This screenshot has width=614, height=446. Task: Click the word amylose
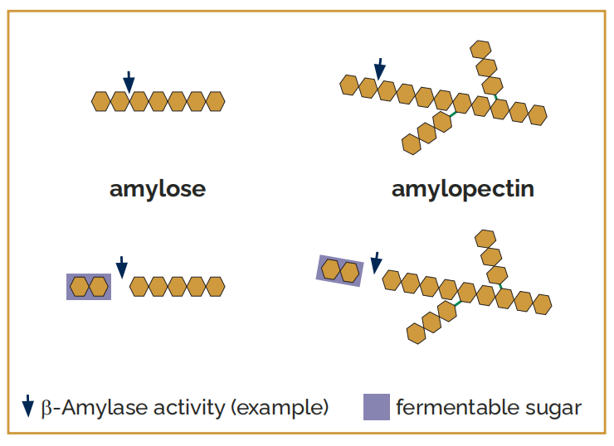158,189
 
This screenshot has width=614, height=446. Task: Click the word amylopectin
463,189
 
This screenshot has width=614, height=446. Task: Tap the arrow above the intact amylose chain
129,82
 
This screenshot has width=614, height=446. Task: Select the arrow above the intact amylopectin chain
379,70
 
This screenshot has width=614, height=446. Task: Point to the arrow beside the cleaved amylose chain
122,267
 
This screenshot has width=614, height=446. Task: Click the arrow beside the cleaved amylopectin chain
376,263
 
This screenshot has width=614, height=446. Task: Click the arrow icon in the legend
28,406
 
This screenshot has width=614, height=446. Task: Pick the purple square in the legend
377,407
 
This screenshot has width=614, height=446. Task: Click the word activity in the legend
189,408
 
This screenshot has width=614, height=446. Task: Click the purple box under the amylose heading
89,287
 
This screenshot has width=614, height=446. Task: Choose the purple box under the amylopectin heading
340,271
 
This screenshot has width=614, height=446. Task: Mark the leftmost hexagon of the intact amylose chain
101,102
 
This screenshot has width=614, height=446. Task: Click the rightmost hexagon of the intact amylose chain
216,102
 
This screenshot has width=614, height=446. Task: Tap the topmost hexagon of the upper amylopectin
480,50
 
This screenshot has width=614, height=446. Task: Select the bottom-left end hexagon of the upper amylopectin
412,144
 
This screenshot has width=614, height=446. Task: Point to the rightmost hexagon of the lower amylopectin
542,304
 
